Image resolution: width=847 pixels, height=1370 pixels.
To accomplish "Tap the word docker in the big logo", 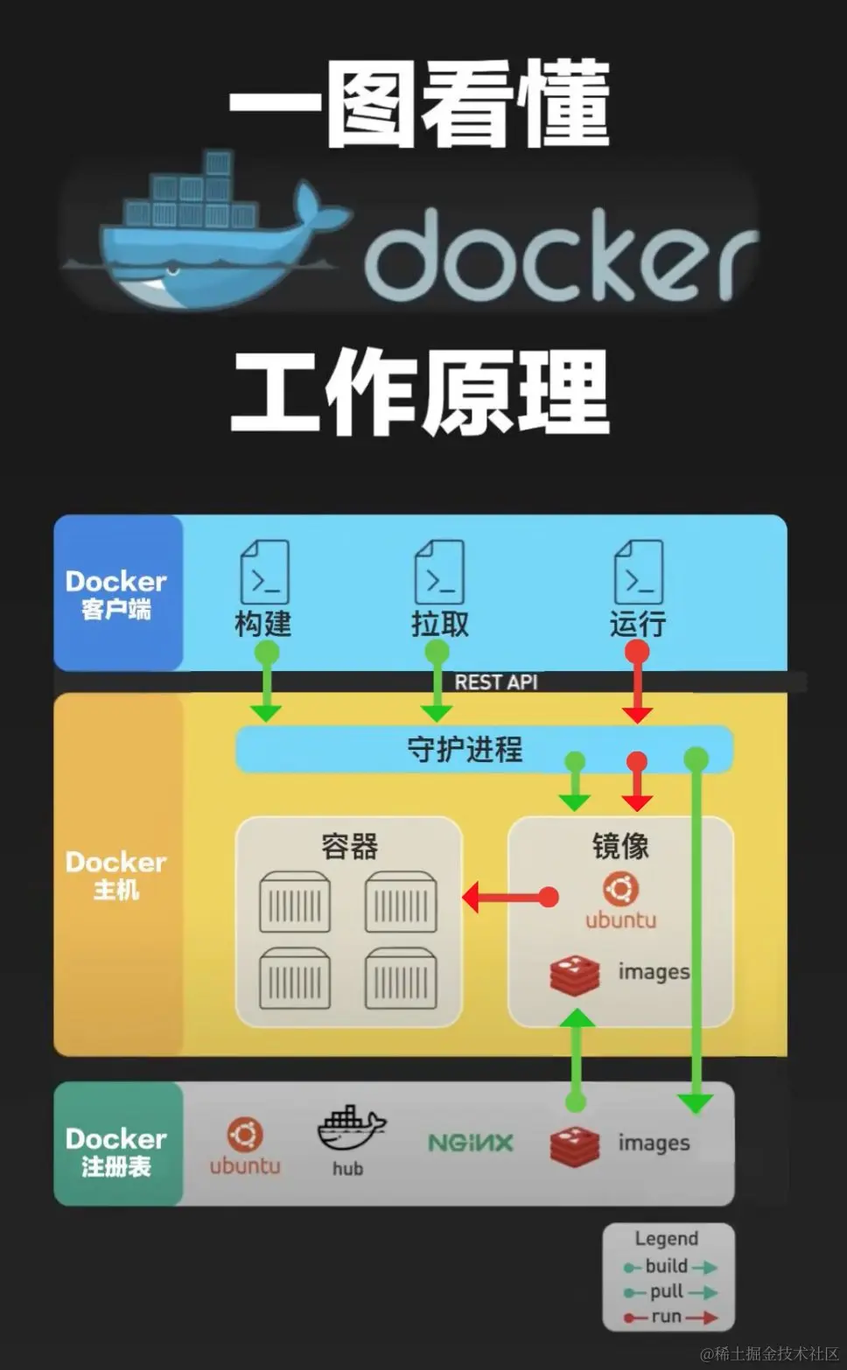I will [x=560, y=254].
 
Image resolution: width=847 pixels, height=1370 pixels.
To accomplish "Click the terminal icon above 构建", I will [x=264, y=572].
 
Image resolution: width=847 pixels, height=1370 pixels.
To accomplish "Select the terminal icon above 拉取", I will [x=439, y=572].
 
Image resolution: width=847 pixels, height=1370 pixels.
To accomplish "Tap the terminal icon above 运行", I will [x=639, y=572].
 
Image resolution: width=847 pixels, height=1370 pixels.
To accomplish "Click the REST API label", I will [x=496, y=682].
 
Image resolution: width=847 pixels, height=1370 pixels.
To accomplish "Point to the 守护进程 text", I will [x=465, y=750].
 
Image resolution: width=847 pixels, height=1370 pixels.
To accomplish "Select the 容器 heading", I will [x=349, y=846].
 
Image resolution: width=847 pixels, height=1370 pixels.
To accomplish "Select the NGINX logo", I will [x=470, y=1143].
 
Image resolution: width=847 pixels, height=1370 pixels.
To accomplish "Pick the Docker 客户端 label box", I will [x=116, y=594].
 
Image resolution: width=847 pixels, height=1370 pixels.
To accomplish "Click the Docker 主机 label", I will [x=116, y=875].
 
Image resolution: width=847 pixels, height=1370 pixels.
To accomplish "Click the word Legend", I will [x=666, y=1239].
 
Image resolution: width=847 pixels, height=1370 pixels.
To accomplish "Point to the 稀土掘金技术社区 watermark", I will [x=770, y=1353].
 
